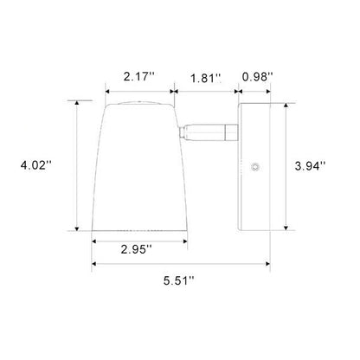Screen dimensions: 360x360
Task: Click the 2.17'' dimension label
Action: pyautogui.click(x=139, y=77)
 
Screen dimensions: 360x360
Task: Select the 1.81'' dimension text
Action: pyautogui.click(x=206, y=78)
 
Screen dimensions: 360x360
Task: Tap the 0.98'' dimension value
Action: pyautogui.click(x=257, y=77)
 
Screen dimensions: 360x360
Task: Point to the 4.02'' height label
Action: pyautogui.click(x=35, y=165)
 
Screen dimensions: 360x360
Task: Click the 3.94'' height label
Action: pyautogui.click(x=310, y=166)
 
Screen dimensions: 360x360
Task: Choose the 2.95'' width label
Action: pyautogui.click(x=137, y=249)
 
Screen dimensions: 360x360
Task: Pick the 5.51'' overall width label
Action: pyautogui.click(x=179, y=280)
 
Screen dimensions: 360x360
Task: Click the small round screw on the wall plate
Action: pyautogui.click(x=255, y=167)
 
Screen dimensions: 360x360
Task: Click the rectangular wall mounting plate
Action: pyautogui.click(x=254, y=167)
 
